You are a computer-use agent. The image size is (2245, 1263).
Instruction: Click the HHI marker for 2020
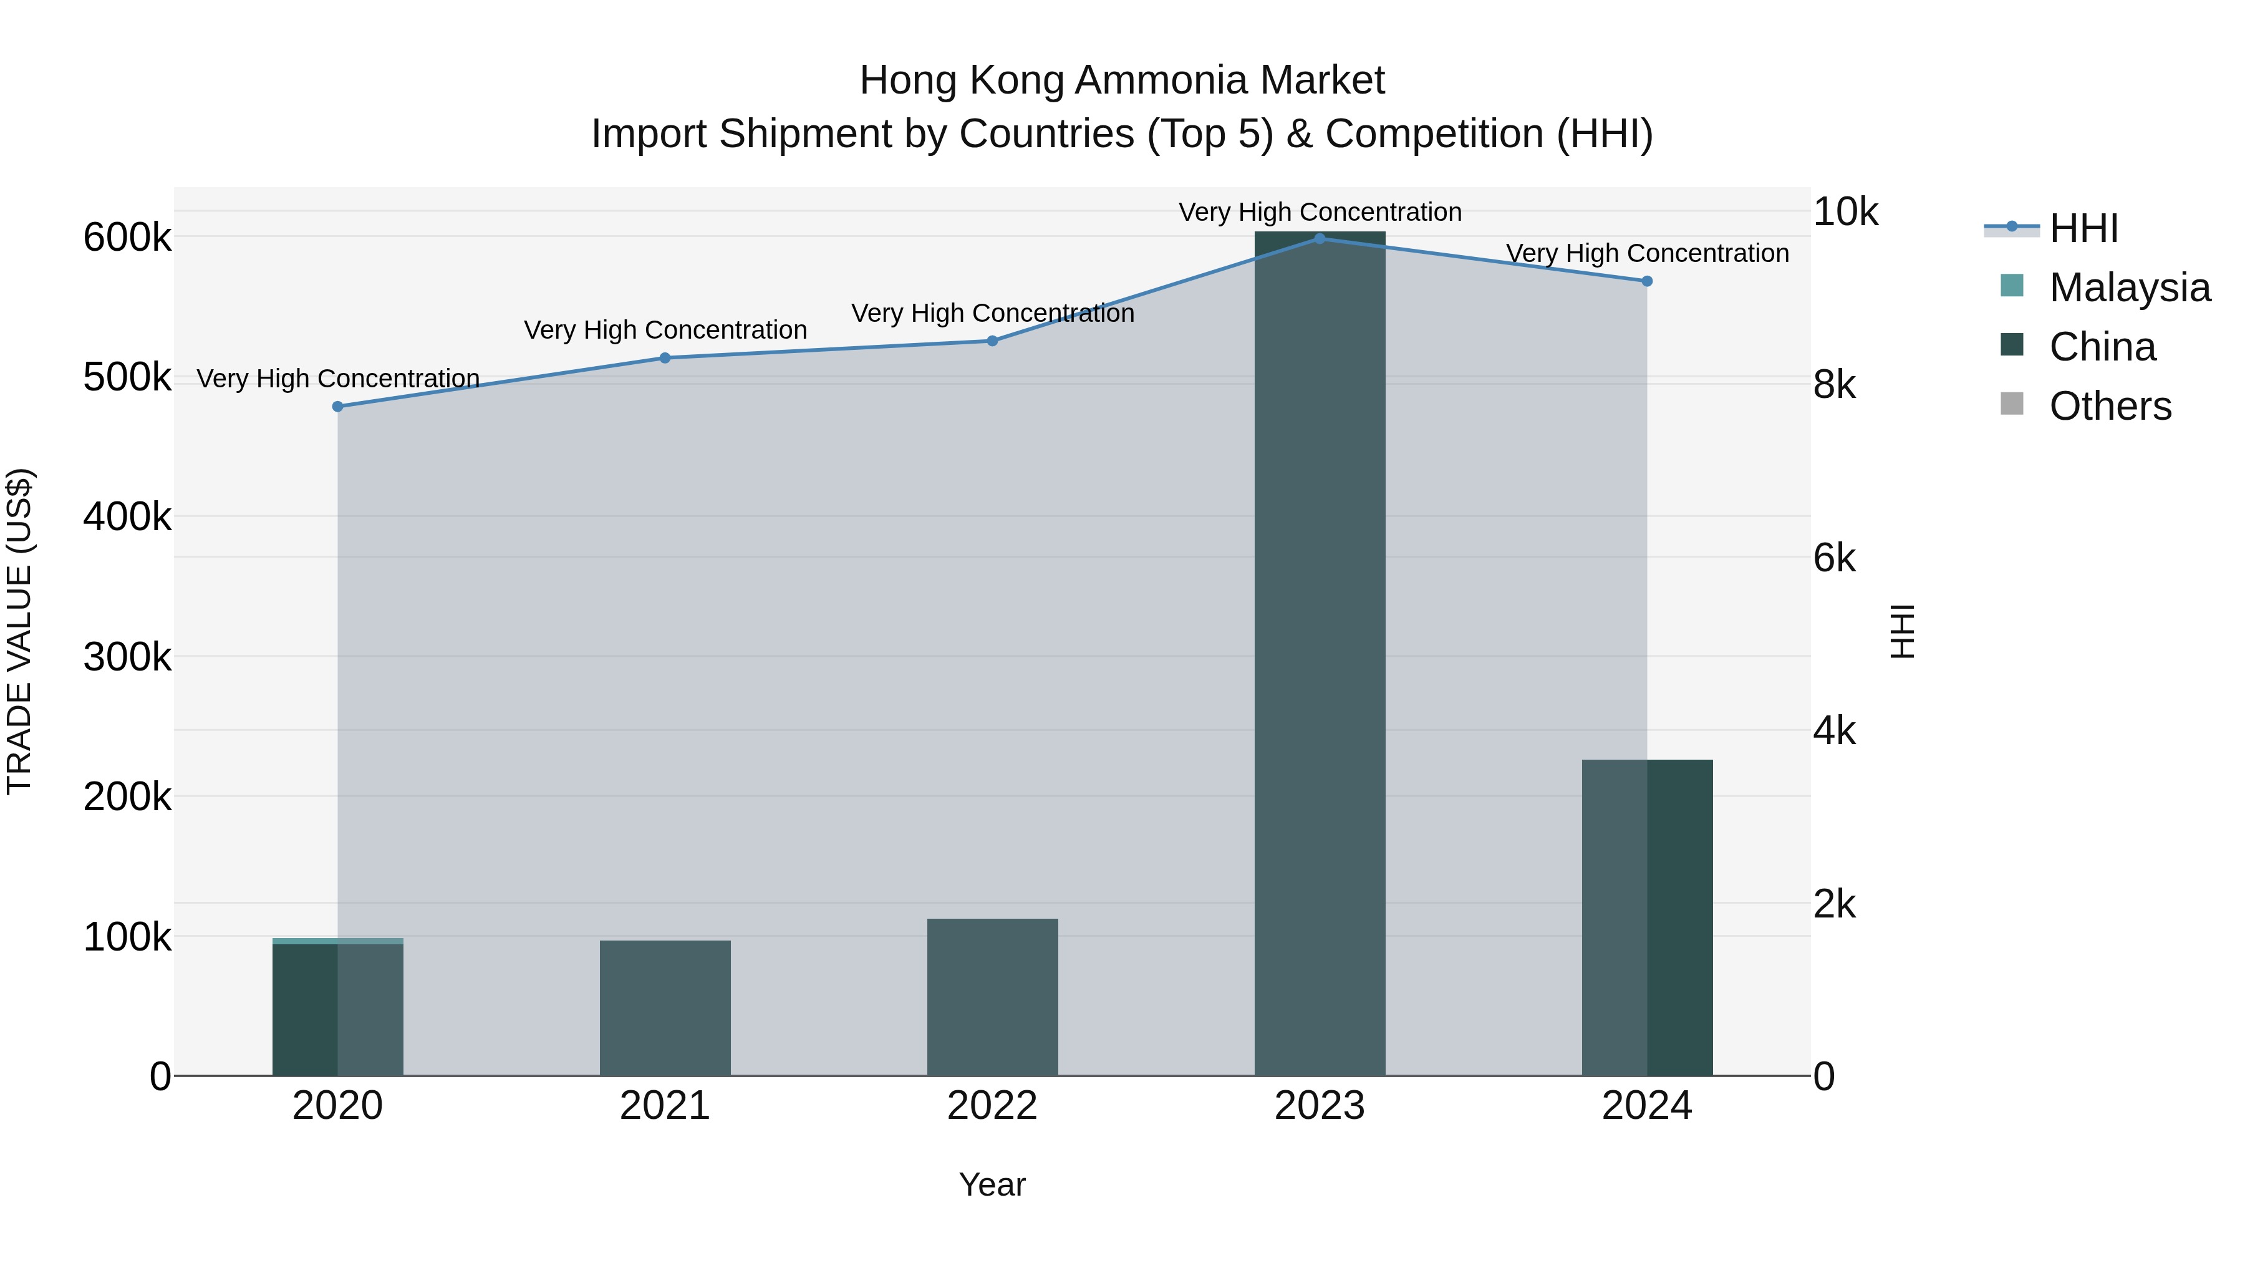click(338, 406)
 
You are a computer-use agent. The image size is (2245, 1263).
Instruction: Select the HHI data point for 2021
click(665, 357)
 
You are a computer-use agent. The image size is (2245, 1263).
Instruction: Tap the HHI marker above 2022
click(992, 341)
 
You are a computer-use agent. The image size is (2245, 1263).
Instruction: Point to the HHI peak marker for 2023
click(1320, 238)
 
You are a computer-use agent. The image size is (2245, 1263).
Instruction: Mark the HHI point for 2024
click(1647, 281)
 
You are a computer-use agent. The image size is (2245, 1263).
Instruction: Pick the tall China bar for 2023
click(1320, 654)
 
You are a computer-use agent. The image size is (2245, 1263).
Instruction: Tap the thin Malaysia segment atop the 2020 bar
click(338, 941)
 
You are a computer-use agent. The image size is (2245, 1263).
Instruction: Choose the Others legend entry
click(2109, 406)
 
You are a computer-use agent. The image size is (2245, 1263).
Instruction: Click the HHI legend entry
click(2083, 228)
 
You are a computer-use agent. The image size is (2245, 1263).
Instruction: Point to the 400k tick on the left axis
click(127, 517)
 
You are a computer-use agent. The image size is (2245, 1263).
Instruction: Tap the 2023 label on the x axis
click(1320, 1106)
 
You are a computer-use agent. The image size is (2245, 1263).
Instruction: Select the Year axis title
click(992, 1184)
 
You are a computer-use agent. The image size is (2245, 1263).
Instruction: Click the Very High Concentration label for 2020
click(338, 379)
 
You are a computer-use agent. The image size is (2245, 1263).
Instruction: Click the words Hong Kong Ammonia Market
click(1122, 80)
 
